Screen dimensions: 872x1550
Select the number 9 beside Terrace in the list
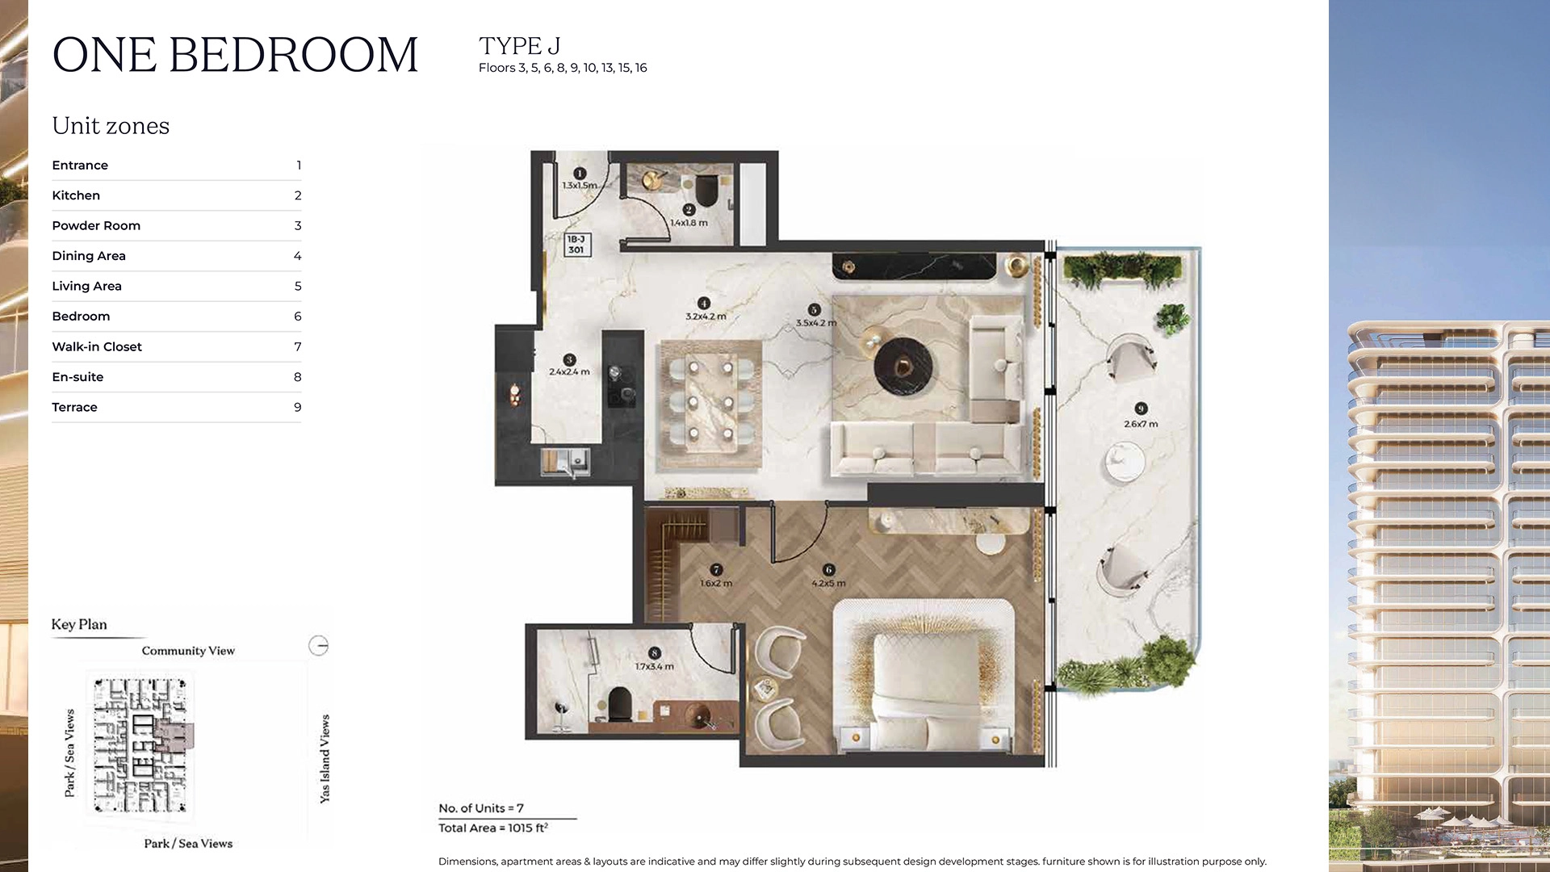[x=297, y=407]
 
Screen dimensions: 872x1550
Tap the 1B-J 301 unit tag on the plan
[x=576, y=245]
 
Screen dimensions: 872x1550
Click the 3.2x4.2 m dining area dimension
[x=706, y=317]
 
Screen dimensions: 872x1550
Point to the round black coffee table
[x=903, y=367]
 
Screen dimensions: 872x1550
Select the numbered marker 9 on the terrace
[x=1141, y=409]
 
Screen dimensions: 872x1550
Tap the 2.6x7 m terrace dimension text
[x=1141, y=424]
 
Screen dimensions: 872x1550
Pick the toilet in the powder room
[x=706, y=191]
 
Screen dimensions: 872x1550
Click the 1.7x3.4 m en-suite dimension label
[x=654, y=667]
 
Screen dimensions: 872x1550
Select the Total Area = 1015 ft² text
[x=493, y=828]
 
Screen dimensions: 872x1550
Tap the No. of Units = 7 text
[x=481, y=808]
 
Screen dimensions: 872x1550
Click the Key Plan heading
[x=79, y=624]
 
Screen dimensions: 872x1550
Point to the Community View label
[x=188, y=651]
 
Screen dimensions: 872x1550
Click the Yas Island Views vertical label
[x=325, y=758]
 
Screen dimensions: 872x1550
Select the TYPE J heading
[x=519, y=46]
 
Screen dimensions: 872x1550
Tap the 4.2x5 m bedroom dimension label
[x=828, y=583]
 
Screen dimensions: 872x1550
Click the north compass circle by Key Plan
[x=318, y=646]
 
